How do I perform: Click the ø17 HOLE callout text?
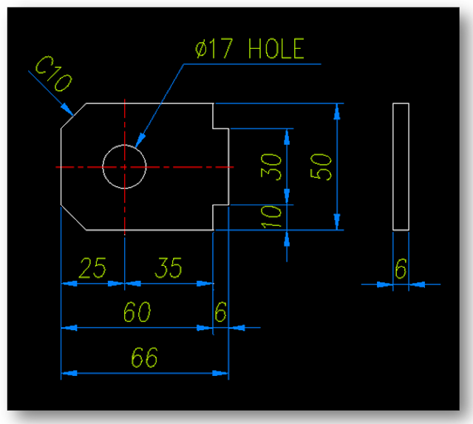pyautogui.click(x=248, y=50)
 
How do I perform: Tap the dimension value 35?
pyautogui.click(x=168, y=268)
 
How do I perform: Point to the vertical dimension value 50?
pyautogui.click(x=322, y=167)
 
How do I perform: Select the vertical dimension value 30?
pyautogui.click(x=272, y=167)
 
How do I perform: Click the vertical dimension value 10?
pyautogui.click(x=272, y=216)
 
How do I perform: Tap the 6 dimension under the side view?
pyautogui.click(x=400, y=269)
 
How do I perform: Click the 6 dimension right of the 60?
pyautogui.click(x=220, y=312)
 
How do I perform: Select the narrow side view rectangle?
pyautogui.click(x=400, y=167)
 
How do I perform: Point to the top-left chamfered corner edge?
pyautogui.click(x=74, y=117)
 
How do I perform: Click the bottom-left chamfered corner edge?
pyautogui.click(x=74, y=216)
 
